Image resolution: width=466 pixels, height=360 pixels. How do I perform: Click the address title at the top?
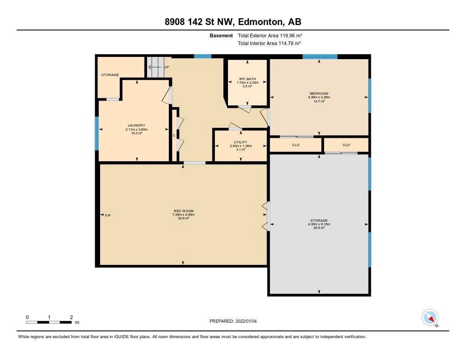click(x=233, y=22)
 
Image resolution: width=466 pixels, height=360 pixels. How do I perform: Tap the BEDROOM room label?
click(x=319, y=93)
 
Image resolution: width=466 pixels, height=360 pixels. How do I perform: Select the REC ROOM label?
click(x=183, y=211)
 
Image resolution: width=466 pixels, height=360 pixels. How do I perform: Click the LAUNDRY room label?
click(x=137, y=126)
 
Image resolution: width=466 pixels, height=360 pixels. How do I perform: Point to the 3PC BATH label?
click(x=247, y=79)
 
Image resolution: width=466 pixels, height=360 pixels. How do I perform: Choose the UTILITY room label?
click(x=240, y=142)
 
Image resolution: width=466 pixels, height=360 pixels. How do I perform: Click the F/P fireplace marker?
click(x=108, y=215)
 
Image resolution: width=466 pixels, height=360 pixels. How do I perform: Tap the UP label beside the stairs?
click(x=167, y=67)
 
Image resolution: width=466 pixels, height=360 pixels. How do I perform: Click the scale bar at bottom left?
click(x=49, y=322)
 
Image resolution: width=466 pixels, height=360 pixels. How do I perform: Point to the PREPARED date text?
click(x=233, y=321)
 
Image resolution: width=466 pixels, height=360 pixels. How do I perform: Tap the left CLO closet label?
click(x=296, y=145)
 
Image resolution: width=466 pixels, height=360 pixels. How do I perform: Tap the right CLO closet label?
click(x=346, y=145)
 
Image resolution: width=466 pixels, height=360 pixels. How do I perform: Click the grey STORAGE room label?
click(x=319, y=221)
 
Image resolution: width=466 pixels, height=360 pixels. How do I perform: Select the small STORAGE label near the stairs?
click(x=110, y=75)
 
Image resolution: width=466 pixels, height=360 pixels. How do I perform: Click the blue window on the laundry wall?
click(x=96, y=133)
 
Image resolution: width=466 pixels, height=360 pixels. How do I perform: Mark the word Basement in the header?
click(x=221, y=35)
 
